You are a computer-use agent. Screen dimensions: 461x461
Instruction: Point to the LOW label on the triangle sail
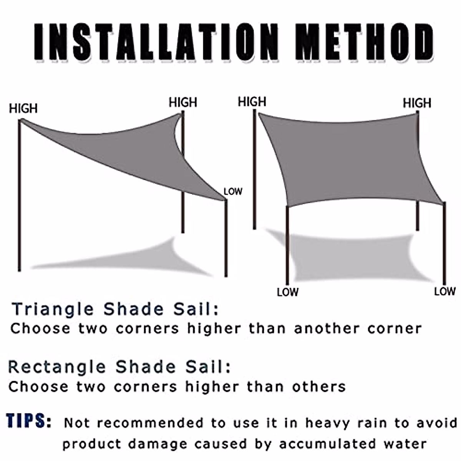point(233,191)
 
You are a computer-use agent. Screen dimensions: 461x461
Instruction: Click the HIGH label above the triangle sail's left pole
point(23,109)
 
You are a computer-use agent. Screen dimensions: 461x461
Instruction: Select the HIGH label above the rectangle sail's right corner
point(417,103)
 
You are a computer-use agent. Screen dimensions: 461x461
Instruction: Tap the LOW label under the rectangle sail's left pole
point(287,292)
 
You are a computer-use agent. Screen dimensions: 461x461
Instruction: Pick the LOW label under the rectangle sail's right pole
point(444,292)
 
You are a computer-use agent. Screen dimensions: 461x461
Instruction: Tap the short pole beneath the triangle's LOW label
point(226,238)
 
